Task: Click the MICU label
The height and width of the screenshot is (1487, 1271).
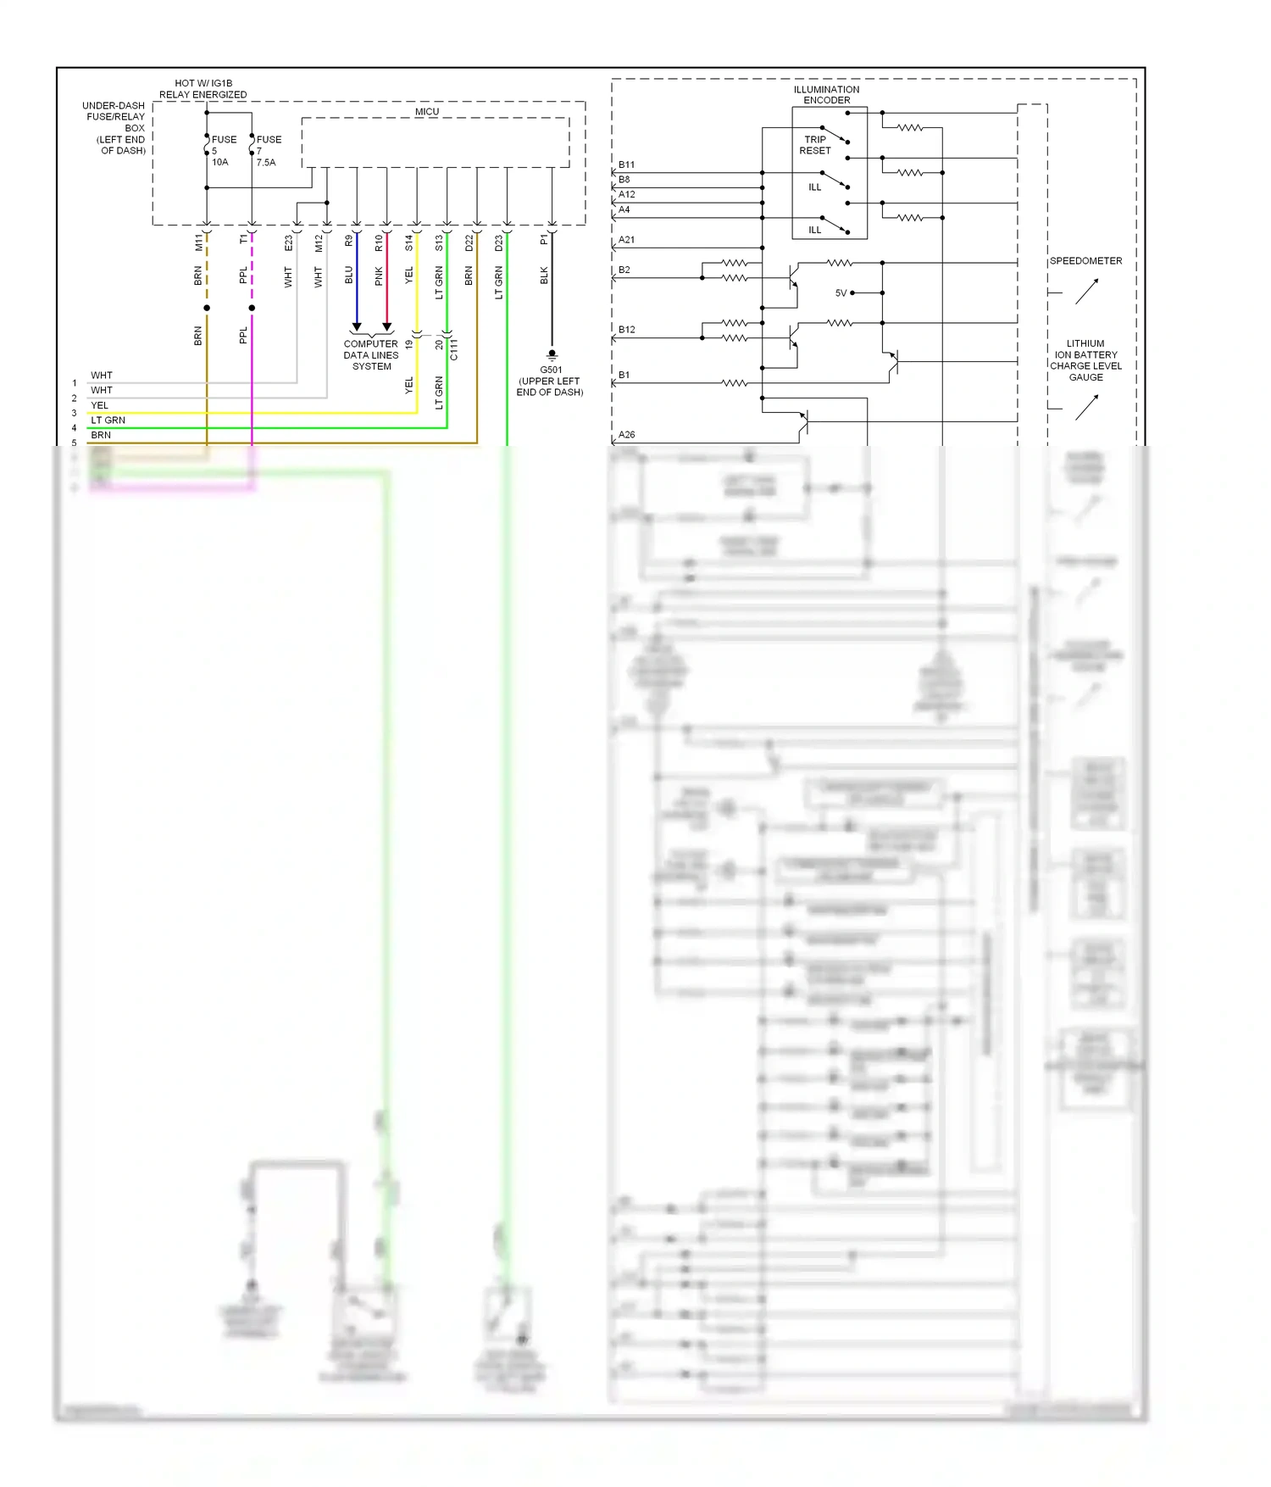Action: [x=427, y=112]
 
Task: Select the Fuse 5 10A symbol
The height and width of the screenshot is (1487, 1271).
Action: [x=207, y=145]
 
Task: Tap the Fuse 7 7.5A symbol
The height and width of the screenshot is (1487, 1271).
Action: [x=252, y=145]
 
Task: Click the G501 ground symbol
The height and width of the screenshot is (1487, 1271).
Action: [x=552, y=354]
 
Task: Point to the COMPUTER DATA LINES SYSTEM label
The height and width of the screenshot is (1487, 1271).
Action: [x=371, y=355]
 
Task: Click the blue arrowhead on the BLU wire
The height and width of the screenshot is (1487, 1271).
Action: [x=357, y=326]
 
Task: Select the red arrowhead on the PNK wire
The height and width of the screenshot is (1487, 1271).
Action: [x=387, y=326]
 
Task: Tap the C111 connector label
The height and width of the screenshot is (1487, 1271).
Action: [x=454, y=349]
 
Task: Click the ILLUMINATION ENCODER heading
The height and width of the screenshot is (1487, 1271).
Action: [x=826, y=95]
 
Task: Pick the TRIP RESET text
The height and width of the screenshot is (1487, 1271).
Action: [x=814, y=145]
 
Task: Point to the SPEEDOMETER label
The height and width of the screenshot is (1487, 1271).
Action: [x=1085, y=261]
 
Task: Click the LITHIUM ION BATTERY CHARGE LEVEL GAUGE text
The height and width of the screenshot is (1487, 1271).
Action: [x=1085, y=360]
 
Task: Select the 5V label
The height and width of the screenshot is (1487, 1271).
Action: [x=841, y=293]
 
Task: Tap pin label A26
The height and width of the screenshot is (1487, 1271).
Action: [x=626, y=435]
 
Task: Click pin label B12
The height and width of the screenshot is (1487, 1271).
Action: [x=626, y=330]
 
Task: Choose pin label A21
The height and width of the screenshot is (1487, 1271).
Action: [x=626, y=240]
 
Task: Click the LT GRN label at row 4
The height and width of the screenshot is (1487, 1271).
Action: [x=108, y=420]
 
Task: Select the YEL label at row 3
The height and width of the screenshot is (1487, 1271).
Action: [x=100, y=405]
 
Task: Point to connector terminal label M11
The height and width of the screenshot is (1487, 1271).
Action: [x=199, y=242]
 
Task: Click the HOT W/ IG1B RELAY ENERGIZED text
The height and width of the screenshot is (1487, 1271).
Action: [x=203, y=89]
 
